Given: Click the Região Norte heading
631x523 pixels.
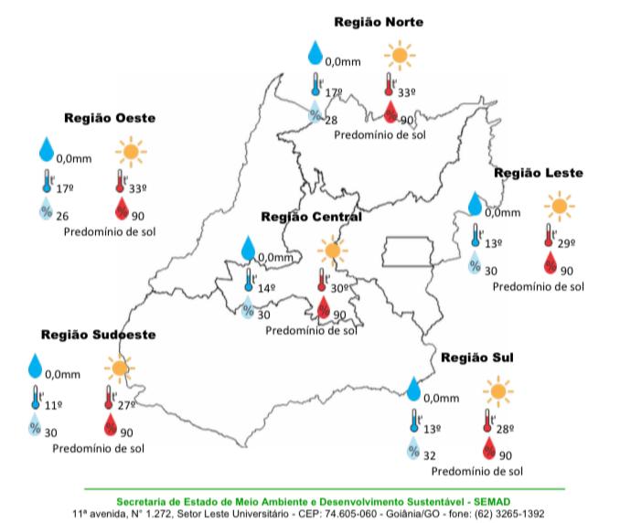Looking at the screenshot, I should pos(378,22).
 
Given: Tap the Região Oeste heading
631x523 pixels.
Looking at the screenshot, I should pos(110,118).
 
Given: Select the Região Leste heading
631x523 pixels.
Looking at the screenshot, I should pos(539,173).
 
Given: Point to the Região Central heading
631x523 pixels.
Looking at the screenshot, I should pos(311,217).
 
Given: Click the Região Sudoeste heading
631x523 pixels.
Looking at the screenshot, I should pos(98,335).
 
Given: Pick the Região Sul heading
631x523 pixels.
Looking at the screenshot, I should pos(477,357).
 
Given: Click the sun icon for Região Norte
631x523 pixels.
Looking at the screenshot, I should pos(398,56).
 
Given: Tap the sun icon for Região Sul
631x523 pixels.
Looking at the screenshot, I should pos(498,393).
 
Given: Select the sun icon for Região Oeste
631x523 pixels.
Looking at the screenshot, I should pos(132,151).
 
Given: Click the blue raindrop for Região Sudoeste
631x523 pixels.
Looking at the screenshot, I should pos(35,366).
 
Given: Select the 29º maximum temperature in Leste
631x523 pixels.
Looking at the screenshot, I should pos(566,243).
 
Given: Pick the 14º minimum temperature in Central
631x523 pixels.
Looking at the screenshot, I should pos(266,288).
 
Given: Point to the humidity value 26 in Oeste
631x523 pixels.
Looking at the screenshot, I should pos(63,216).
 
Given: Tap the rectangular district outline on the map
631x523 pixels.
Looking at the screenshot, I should pos(409,251).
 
